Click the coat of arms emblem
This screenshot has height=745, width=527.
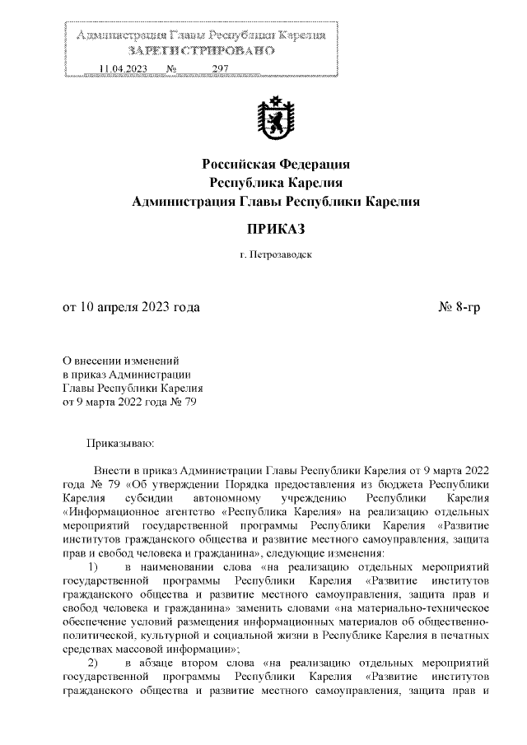click(276, 119)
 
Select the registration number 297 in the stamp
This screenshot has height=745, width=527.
click(219, 69)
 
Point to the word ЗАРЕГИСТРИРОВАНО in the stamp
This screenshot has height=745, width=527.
click(200, 52)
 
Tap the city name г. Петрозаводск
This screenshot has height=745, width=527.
click(276, 256)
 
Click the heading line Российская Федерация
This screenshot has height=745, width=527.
click(276, 164)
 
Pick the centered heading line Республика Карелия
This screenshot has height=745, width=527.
click(276, 182)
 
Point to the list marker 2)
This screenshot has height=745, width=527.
click(93, 663)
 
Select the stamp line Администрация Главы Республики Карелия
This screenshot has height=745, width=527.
click(200, 36)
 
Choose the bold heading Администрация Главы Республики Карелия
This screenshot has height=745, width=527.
click(276, 201)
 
